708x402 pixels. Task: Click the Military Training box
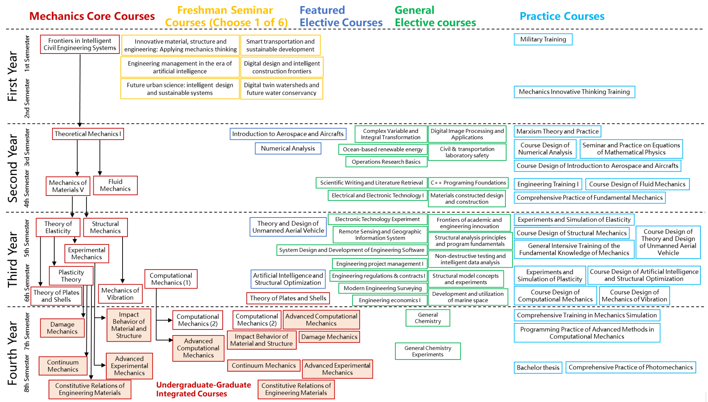pyautogui.click(x=543, y=39)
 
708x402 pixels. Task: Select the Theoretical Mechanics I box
pyautogui.click(x=88, y=134)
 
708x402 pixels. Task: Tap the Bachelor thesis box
pyautogui.click(x=538, y=367)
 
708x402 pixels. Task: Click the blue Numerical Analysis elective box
pyautogui.click(x=288, y=148)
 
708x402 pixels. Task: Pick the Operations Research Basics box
pyautogui.click(x=386, y=162)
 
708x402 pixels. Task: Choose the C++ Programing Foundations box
pyautogui.click(x=468, y=183)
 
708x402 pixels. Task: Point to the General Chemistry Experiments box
pyautogui.click(x=428, y=351)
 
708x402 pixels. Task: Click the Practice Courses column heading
pyautogui.click(x=562, y=16)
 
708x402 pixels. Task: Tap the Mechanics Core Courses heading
pyautogui.click(x=92, y=16)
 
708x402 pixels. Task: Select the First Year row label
pyautogui.click(x=13, y=76)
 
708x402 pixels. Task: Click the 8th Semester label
pyautogui.click(x=27, y=374)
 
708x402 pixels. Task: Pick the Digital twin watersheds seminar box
pyautogui.click(x=282, y=89)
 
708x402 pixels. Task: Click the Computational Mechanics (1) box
pyautogui.click(x=171, y=279)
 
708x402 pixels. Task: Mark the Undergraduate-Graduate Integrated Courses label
pyautogui.click(x=203, y=389)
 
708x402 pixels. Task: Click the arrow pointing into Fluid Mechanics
pyautogui.click(x=100, y=157)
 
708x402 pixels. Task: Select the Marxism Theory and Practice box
pyautogui.click(x=557, y=131)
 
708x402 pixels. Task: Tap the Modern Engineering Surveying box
pyautogui.click(x=382, y=288)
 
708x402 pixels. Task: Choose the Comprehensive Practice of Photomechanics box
pyautogui.click(x=631, y=367)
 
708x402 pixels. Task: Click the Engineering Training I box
pyautogui.click(x=548, y=184)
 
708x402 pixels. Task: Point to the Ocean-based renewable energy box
pyautogui.click(x=382, y=149)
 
